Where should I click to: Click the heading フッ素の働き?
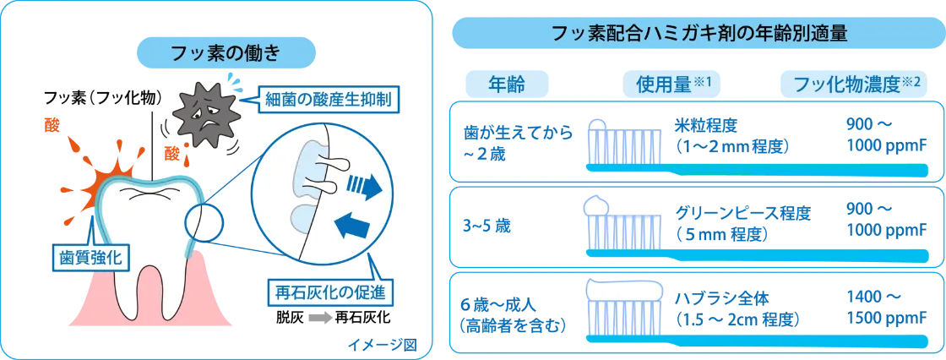coord(227,52)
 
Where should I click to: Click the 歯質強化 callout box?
coord(86,259)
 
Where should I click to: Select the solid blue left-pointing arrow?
coord(351,227)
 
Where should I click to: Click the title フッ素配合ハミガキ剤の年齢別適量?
coord(698,33)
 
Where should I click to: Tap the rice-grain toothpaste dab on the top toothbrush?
coord(598,124)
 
